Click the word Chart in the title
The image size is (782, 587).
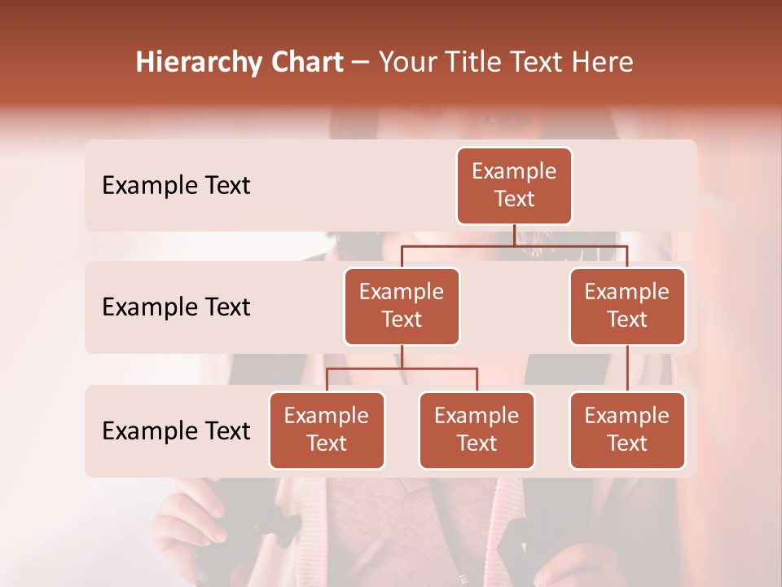coord(306,62)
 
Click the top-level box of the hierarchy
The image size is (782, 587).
coord(514,185)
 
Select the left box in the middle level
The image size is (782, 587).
coord(402,306)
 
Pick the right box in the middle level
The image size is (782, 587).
coord(627,306)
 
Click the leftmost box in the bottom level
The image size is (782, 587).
coord(327,430)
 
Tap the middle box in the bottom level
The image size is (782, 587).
coord(477,430)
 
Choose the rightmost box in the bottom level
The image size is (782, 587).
coord(627,430)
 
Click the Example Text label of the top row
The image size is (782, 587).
coord(176,186)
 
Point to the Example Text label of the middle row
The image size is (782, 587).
coord(176,307)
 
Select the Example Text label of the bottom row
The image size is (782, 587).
coord(176,430)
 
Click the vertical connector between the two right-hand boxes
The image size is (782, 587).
coord(627,369)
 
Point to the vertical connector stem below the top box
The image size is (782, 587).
coord(514,235)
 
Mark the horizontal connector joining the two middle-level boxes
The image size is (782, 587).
coord(514,245)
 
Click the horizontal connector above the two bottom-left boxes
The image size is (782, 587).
coord(402,369)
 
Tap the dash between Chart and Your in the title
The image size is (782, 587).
coord(361,62)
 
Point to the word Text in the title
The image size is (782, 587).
coord(534,62)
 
